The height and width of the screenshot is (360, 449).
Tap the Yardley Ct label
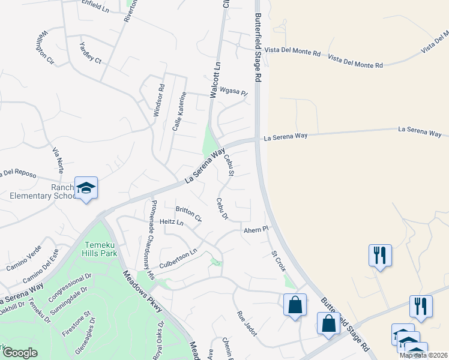91,52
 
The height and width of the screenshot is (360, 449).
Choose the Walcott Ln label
213,80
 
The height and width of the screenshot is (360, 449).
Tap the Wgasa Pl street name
234,92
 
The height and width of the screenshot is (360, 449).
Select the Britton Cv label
188,212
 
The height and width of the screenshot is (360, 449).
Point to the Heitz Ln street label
172,222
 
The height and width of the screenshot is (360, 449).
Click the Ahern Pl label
254,230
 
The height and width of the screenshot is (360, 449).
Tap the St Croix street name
278,260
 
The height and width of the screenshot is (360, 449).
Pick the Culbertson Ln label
178,259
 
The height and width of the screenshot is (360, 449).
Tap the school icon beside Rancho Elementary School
86,188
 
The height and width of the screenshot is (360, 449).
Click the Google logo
20,353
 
